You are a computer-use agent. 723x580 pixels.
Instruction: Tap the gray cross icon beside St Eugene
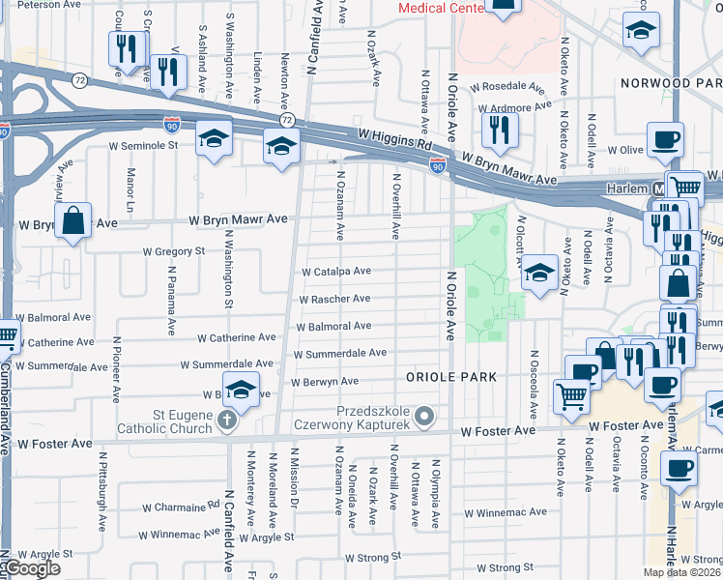[226, 420]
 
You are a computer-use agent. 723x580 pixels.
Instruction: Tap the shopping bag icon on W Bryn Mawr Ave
[72, 221]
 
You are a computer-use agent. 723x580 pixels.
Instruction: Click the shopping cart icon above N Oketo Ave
[572, 394]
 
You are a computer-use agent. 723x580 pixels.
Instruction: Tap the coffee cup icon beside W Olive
[665, 140]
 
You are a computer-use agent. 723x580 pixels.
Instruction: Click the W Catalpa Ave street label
[336, 273]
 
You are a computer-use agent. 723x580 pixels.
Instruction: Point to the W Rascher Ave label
[334, 300]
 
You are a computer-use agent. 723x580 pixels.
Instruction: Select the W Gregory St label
[175, 251]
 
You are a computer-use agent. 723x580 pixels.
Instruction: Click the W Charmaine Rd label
[181, 507]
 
